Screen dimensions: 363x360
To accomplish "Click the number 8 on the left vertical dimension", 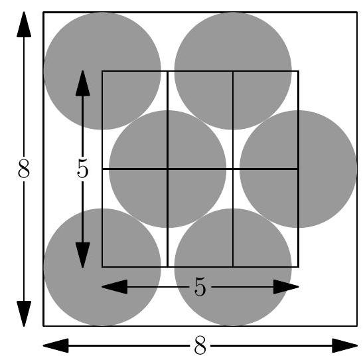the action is pyautogui.click(x=24, y=169).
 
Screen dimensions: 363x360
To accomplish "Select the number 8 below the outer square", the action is pyautogui.click(x=200, y=345).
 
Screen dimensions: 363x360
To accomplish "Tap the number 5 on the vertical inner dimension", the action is pyautogui.click(x=83, y=169).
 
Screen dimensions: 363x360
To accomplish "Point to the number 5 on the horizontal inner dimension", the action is pyautogui.click(x=200, y=287).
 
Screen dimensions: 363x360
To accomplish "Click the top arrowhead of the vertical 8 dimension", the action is pyautogui.click(x=24, y=24).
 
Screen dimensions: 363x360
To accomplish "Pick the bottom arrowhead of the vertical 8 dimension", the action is pyautogui.click(x=24, y=314).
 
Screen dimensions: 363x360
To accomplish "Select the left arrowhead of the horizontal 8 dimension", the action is pyautogui.click(x=56, y=345).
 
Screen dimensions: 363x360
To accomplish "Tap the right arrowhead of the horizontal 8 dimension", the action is pyautogui.click(x=344, y=345).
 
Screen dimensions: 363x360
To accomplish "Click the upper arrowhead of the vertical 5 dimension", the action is pyautogui.click(x=83, y=83).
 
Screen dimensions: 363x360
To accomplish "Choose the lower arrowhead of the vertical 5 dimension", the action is pyautogui.click(x=83, y=255).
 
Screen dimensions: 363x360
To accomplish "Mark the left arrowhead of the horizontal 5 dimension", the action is pyautogui.click(x=115, y=287).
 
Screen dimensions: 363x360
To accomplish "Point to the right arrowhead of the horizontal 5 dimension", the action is pyautogui.click(x=286, y=287).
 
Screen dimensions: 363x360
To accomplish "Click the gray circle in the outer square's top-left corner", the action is pyautogui.click(x=102, y=71).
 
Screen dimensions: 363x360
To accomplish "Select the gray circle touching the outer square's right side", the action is pyautogui.click(x=299, y=169).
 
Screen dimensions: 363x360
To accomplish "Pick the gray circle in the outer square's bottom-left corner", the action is pyautogui.click(x=102, y=267).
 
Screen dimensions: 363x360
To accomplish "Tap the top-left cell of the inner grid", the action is pyautogui.click(x=135, y=120).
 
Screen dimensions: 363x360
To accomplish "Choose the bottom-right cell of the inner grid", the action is pyautogui.click(x=265, y=219).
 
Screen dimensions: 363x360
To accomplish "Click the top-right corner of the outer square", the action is pyautogui.click(x=357, y=12).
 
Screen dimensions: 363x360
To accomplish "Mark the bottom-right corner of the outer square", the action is pyautogui.click(x=357, y=326).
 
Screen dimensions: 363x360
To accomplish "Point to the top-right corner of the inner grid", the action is pyautogui.click(x=299, y=71).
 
